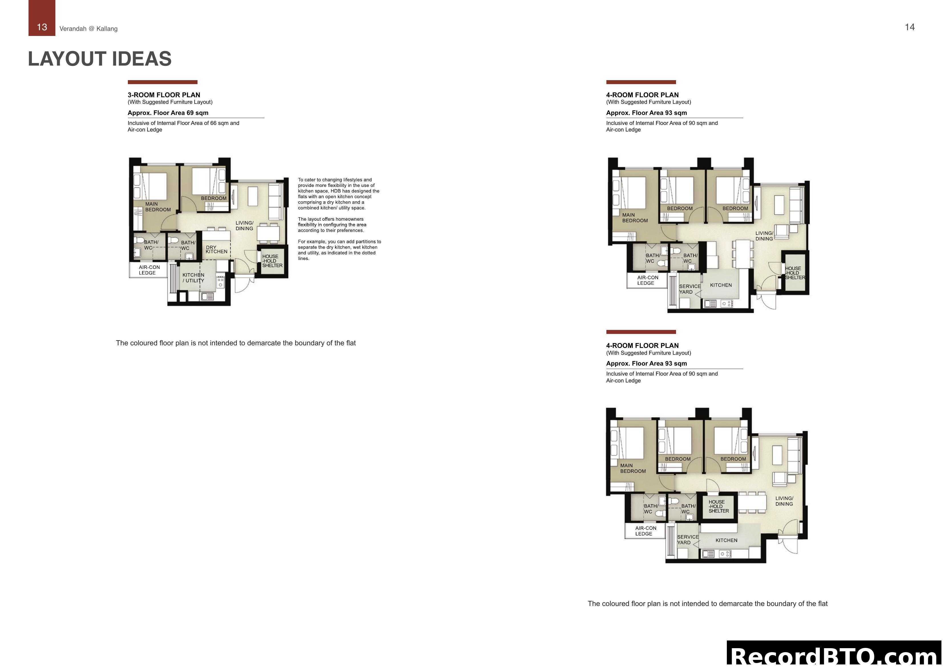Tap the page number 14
[x=909, y=27]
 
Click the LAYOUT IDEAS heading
[x=100, y=59]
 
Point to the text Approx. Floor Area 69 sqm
[x=168, y=113]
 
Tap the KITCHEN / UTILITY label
[x=193, y=278]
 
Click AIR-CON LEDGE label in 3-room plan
[x=149, y=270]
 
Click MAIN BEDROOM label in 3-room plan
[x=158, y=207]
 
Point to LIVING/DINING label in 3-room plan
[x=244, y=226]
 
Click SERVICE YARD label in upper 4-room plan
[x=689, y=289]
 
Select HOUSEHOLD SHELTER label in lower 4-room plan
[x=718, y=506]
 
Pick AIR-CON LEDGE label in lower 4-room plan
[x=645, y=531]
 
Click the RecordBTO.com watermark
[x=835, y=655]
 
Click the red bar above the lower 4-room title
[x=641, y=332]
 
